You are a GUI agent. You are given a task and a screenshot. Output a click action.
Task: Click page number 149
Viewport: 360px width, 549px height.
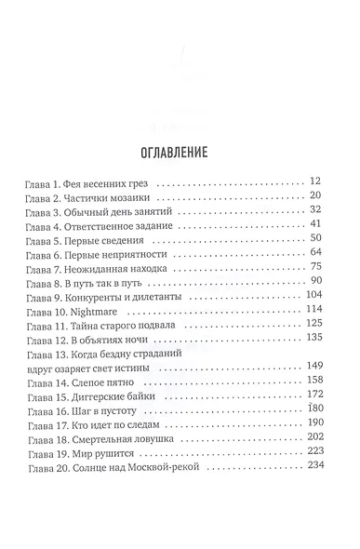(x=312, y=365)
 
